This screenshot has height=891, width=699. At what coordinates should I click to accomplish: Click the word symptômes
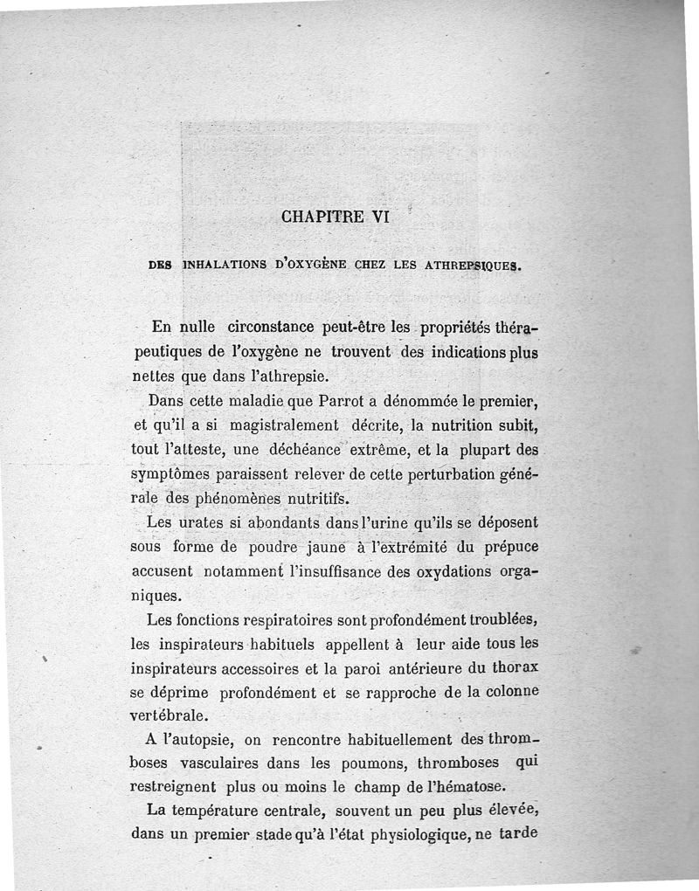tap(170, 475)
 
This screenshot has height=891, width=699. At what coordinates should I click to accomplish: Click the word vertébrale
tap(170, 713)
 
